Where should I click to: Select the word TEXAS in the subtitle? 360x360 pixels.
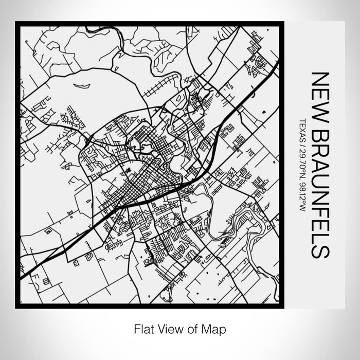click(x=302, y=131)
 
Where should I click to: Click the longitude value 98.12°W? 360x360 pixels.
click(x=302, y=199)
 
